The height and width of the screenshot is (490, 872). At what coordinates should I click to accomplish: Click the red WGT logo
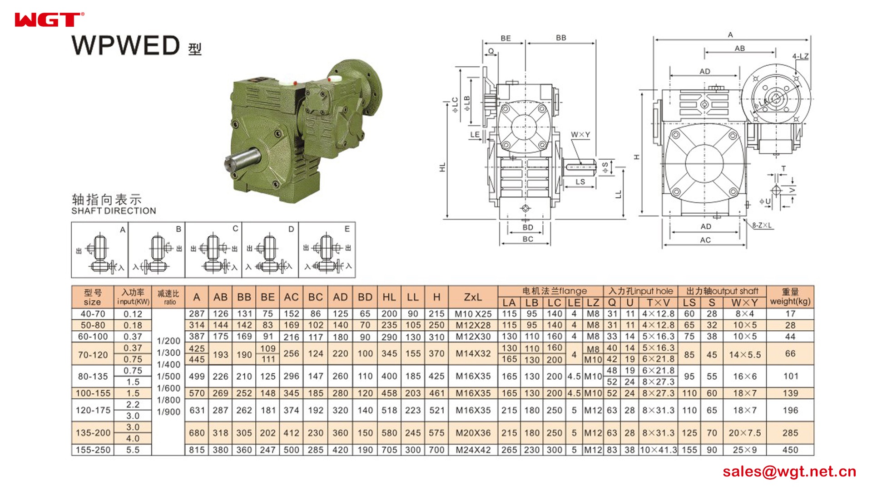(x=48, y=20)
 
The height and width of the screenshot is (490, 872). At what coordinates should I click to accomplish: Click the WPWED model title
(x=126, y=46)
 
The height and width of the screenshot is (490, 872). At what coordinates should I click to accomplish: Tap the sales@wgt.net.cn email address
(x=789, y=471)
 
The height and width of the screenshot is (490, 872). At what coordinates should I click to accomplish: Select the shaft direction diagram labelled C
(x=213, y=250)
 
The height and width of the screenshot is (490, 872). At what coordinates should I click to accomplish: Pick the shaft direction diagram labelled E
(x=327, y=250)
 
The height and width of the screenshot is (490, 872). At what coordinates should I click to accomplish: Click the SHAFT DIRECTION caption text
(x=114, y=211)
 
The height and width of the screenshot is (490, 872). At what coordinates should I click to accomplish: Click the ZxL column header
(x=473, y=297)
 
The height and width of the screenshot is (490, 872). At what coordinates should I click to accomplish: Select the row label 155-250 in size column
(x=93, y=450)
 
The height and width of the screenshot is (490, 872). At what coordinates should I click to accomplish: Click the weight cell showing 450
(x=790, y=450)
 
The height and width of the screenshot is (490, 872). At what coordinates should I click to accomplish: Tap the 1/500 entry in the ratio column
(x=168, y=377)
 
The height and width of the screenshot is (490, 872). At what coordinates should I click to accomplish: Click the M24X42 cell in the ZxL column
(x=473, y=450)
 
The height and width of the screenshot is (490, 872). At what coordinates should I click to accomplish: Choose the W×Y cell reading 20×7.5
(x=744, y=433)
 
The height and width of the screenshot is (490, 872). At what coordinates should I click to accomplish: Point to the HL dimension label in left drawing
(x=442, y=167)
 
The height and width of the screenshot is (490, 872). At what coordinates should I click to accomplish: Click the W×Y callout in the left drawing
(x=580, y=135)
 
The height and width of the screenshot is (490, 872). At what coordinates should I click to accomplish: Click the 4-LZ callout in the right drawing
(x=800, y=56)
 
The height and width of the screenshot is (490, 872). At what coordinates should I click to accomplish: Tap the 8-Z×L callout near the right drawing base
(x=762, y=225)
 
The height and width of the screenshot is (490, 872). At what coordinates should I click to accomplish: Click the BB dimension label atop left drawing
(x=561, y=38)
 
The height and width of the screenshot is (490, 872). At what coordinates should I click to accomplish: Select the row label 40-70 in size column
(x=93, y=314)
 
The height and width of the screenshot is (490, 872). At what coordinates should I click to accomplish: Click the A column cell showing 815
(x=197, y=450)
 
